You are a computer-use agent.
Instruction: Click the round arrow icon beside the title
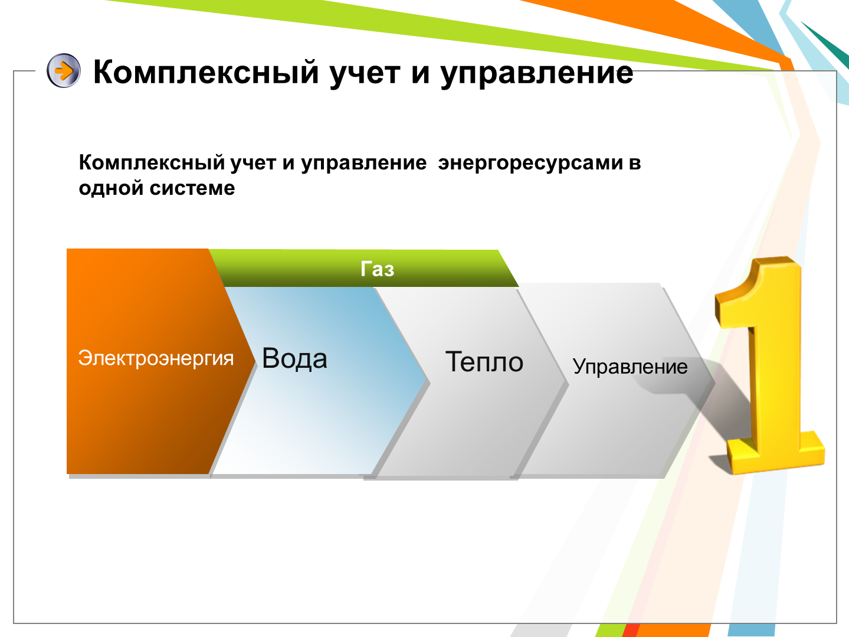coord(64,70)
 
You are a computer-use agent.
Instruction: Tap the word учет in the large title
coord(365,74)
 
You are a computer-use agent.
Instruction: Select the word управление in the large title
coord(537,74)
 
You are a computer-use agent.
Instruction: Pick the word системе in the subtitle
coord(192,188)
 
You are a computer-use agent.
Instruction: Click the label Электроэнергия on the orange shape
coord(156,358)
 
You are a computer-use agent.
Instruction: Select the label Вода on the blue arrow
coord(295,358)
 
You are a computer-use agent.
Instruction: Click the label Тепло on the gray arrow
coord(484,362)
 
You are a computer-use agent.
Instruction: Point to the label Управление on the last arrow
coord(630,367)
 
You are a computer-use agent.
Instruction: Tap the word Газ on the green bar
coord(377,269)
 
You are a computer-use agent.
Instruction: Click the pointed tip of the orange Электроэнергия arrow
coord(255,362)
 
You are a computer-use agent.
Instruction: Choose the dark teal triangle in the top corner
coord(831,43)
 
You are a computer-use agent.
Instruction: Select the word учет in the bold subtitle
coord(253,164)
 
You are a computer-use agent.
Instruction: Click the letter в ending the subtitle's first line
coord(635,164)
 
